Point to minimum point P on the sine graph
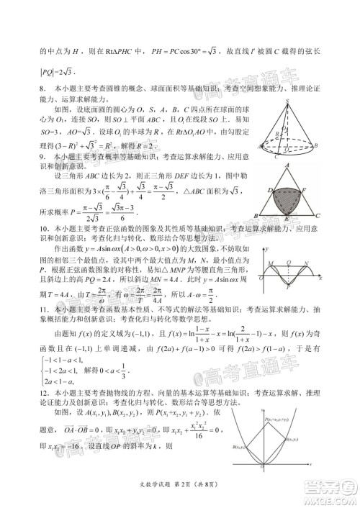288,286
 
